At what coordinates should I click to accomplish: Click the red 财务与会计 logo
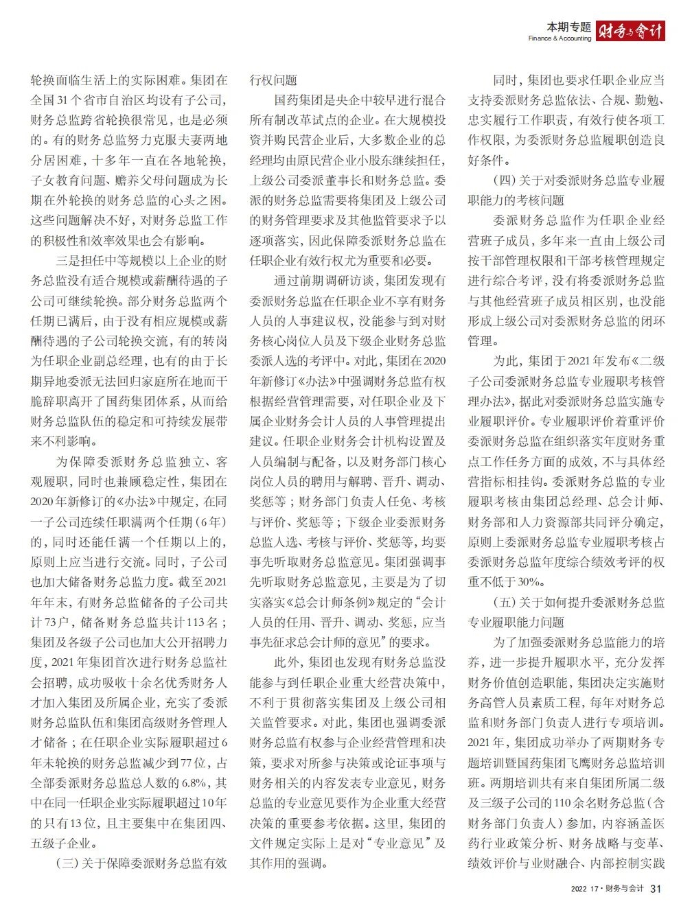tap(630, 31)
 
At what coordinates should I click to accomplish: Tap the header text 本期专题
tap(568, 27)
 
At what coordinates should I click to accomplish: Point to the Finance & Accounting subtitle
tap(560, 38)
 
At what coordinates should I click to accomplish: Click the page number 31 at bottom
tap(656, 889)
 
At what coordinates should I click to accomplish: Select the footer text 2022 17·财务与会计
tap(608, 889)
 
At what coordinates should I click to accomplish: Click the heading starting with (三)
tap(141, 863)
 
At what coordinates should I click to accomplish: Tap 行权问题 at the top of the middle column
tap(273, 80)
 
